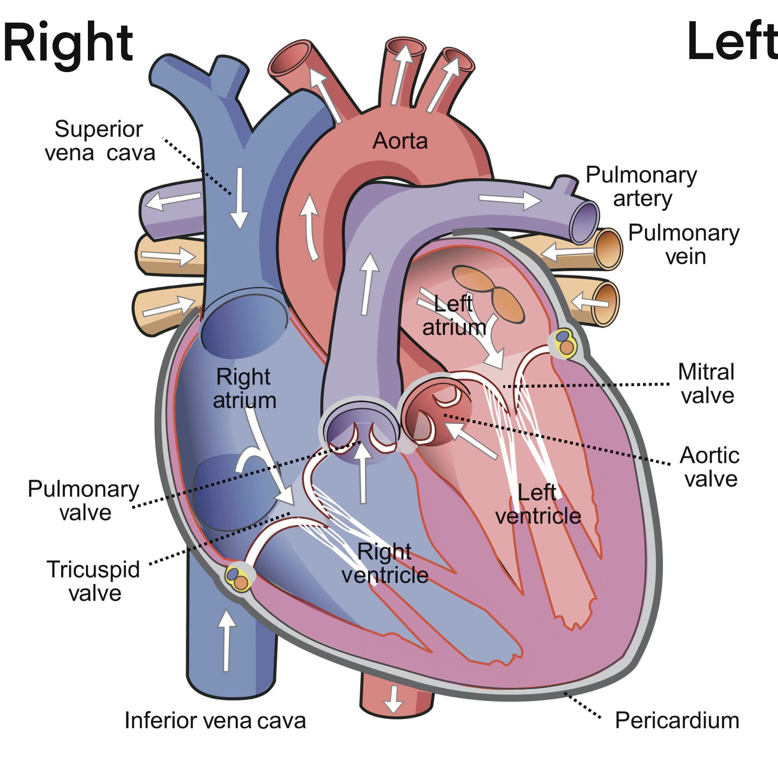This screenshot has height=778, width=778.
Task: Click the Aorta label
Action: click(400, 141)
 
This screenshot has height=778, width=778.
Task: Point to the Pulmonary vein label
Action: click(684, 244)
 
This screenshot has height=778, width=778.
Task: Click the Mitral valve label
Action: click(706, 384)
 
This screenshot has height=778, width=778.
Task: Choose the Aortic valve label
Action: click(710, 467)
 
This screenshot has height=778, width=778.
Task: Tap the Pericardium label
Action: click(677, 720)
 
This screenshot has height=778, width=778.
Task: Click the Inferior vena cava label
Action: click(215, 720)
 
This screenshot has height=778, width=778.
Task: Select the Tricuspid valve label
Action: click(94, 581)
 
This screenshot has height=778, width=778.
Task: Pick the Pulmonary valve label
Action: click(84, 500)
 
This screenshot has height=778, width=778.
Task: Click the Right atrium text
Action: click(244, 389)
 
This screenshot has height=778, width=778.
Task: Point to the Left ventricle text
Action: click(538, 504)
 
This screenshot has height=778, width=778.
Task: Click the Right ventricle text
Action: click(385, 563)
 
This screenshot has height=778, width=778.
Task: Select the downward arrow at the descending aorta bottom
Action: click(394, 699)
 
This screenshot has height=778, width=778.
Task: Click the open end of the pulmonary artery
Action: click(584, 223)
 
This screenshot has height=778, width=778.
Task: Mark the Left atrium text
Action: click(454, 316)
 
